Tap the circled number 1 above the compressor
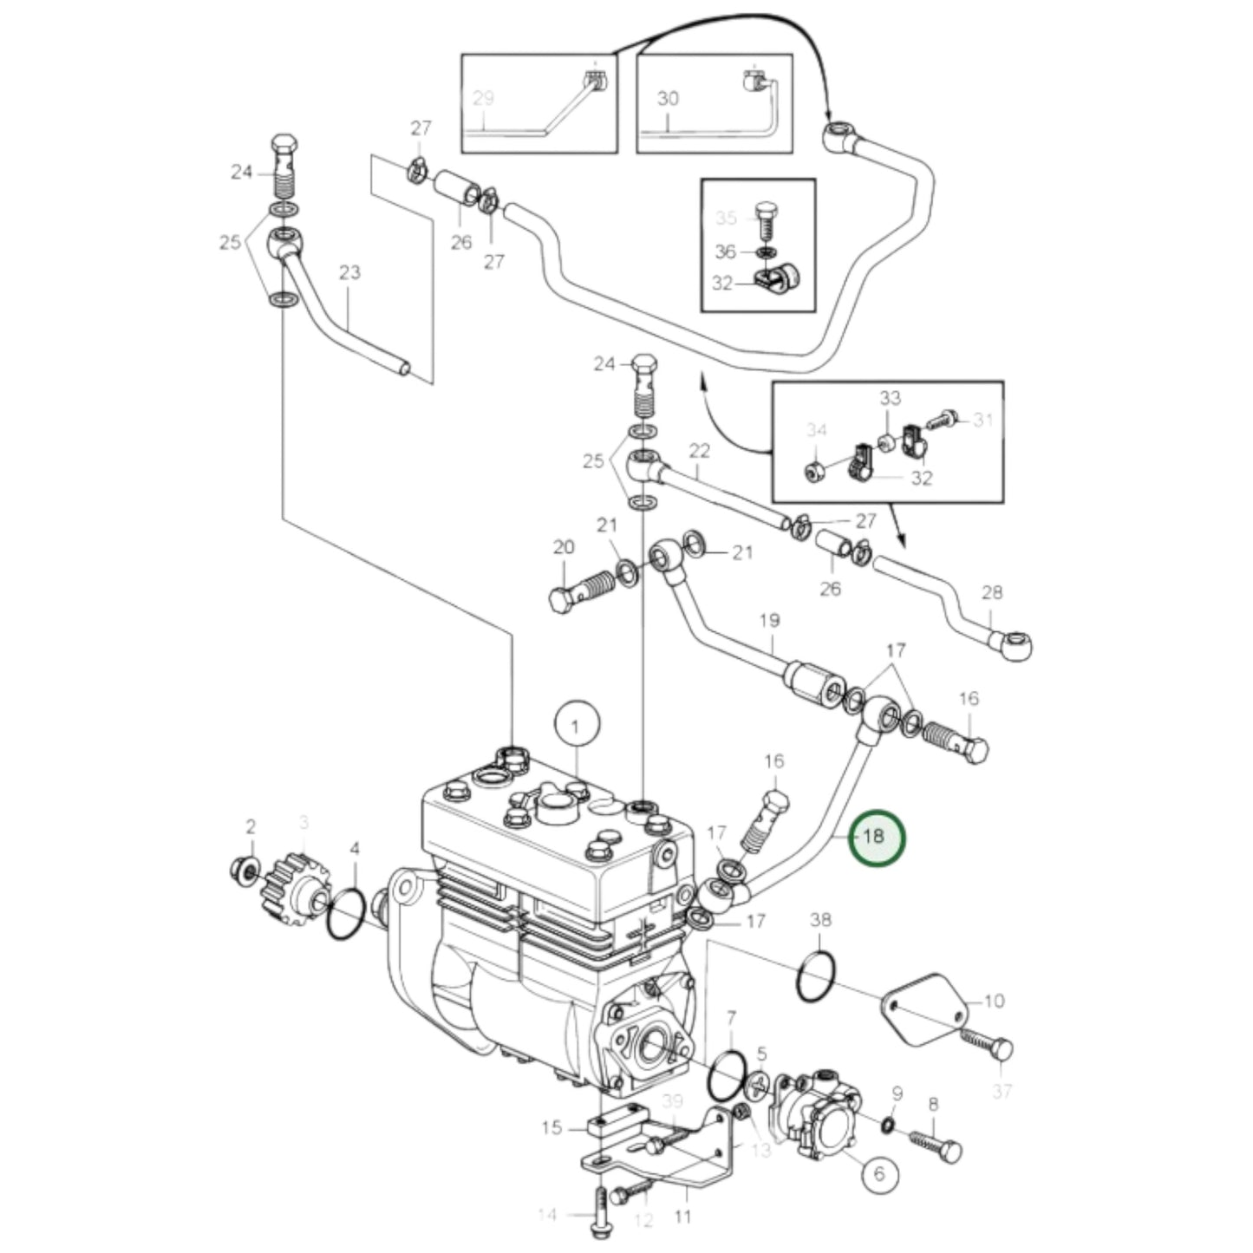click(578, 724)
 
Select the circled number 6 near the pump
click(878, 1173)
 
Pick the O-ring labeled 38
click(816, 976)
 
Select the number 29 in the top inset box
click(483, 98)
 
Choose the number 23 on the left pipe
click(349, 272)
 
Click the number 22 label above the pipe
click(699, 450)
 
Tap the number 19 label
click(769, 621)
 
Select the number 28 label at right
click(992, 592)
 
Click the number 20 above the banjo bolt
click(564, 547)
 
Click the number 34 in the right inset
click(816, 429)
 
